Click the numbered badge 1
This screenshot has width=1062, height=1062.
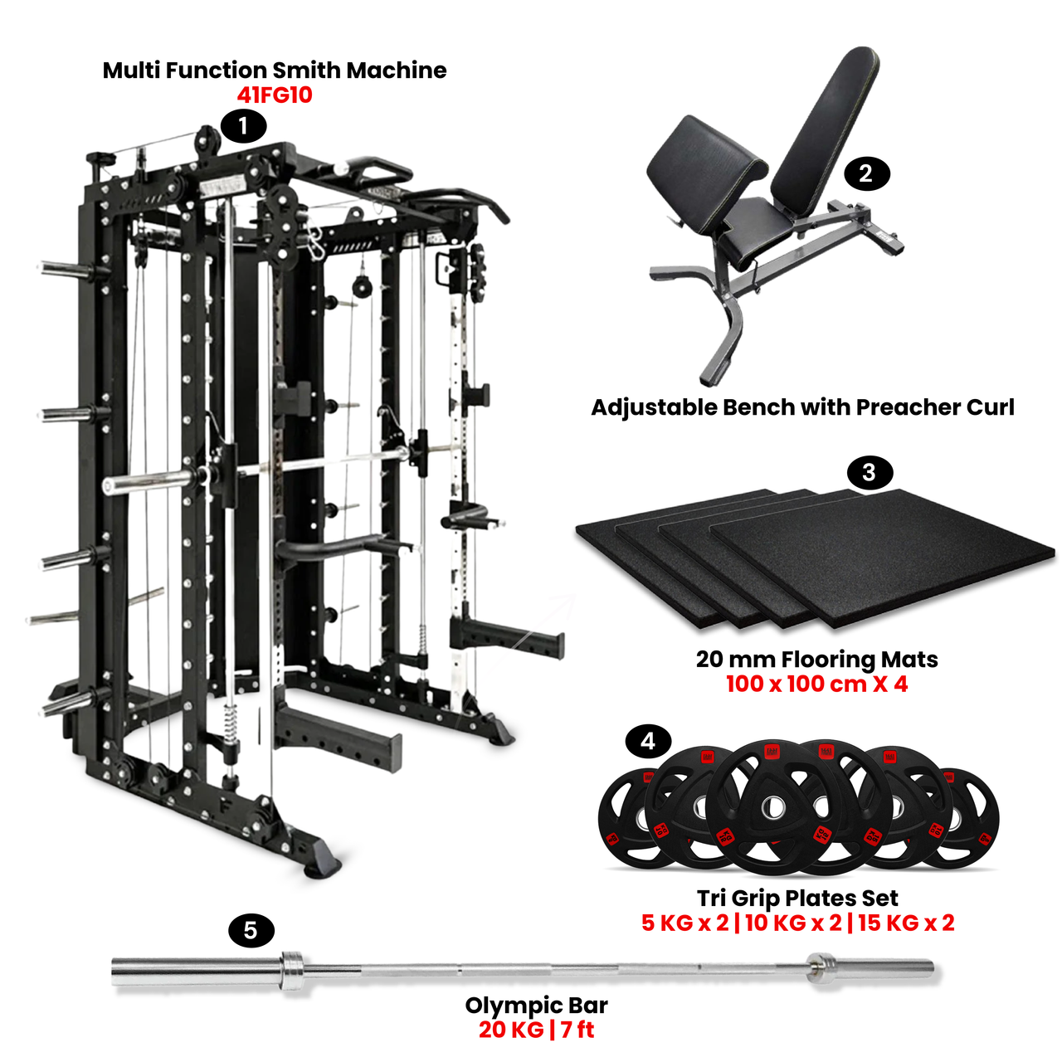[x=243, y=127]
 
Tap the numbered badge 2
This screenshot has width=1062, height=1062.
[x=866, y=174]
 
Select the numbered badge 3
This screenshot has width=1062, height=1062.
[x=869, y=473]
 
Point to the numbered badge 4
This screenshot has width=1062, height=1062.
[x=648, y=741]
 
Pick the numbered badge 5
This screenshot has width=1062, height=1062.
[x=251, y=931]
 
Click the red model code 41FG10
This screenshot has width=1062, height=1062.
[x=275, y=95]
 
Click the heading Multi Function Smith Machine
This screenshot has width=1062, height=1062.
[x=275, y=71]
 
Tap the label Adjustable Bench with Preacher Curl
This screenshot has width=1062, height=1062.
[x=802, y=407]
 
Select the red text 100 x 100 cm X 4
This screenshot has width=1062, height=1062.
[x=816, y=684]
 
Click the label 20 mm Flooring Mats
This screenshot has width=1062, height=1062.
[x=816, y=660]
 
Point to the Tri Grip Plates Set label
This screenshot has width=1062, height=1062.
[x=797, y=898]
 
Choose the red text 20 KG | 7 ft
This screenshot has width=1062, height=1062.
[x=536, y=1030]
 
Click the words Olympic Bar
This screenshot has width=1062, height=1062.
[x=536, y=1006]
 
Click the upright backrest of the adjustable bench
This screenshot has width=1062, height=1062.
[x=830, y=124]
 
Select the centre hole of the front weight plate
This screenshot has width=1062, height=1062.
[x=774, y=806]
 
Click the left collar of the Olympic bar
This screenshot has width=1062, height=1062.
[x=293, y=971]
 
